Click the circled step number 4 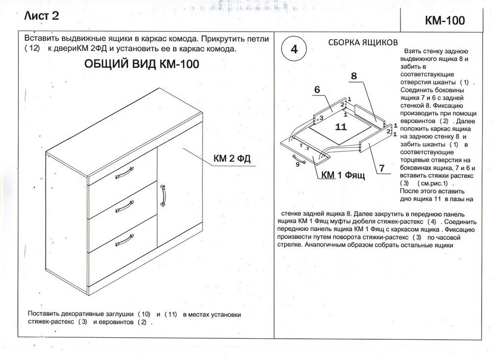(294, 50)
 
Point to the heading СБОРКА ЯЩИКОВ (363, 43)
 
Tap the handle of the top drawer (124, 173)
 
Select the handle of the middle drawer (124, 204)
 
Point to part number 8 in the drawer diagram (354, 76)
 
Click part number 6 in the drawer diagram (317, 90)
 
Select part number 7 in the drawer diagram (382, 168)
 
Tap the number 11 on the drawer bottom (340, 127)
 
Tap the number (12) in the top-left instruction (31, 49)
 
